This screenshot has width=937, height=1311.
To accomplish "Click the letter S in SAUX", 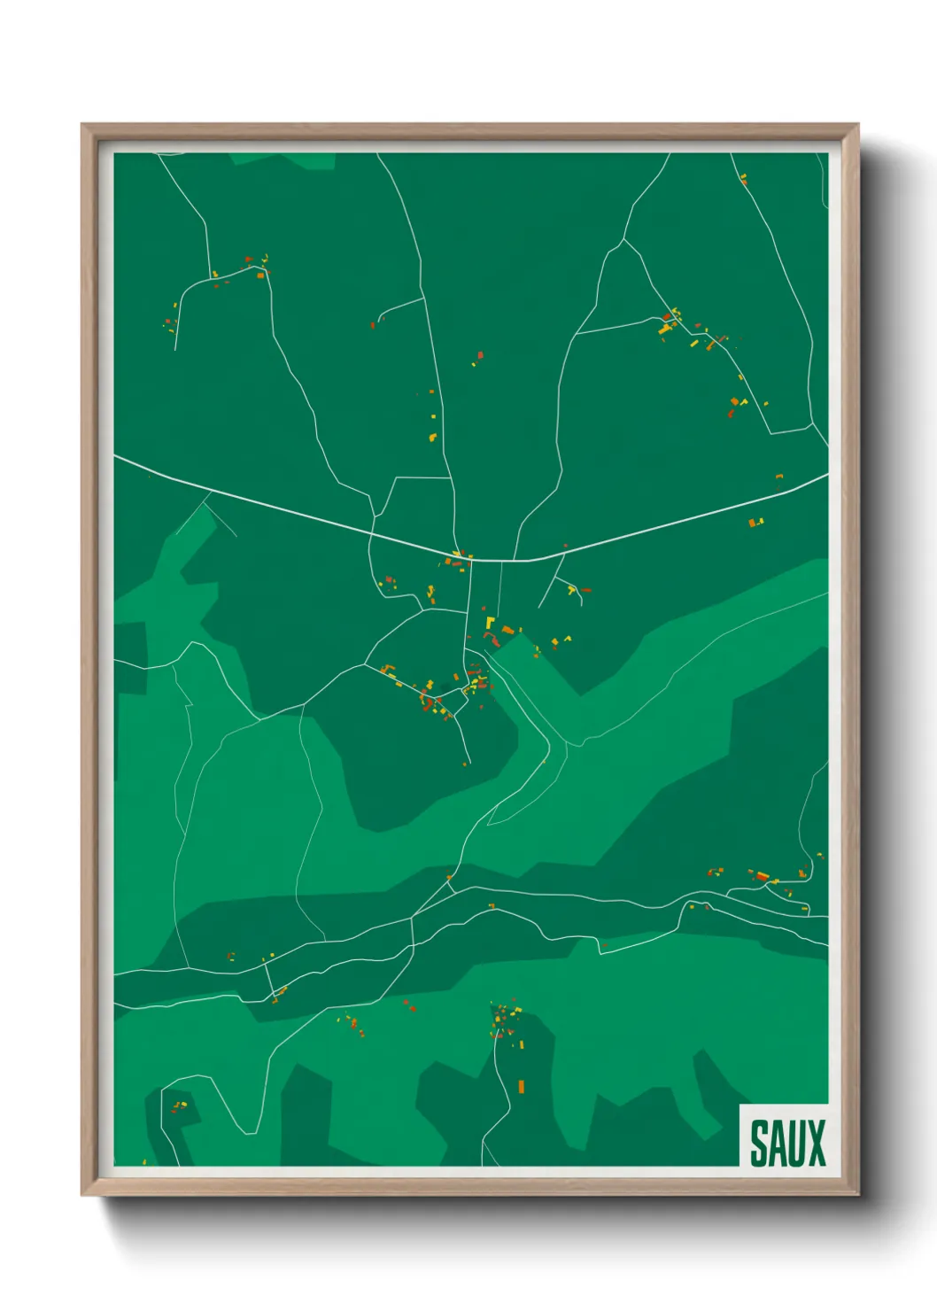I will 759,1144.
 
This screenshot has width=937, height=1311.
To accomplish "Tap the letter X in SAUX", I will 816,1144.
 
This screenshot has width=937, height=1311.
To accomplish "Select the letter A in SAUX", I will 777,1144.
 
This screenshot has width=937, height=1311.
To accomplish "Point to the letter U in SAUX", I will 795,1144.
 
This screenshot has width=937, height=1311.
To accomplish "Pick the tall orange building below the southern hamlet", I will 521,1086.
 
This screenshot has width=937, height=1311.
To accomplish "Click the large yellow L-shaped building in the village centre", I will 489,624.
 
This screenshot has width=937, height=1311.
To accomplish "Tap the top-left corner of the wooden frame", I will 82,125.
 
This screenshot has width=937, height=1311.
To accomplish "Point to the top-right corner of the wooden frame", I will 857,125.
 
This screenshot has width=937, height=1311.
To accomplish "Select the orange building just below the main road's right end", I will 755,523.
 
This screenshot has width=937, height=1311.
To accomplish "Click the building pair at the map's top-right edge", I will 743,180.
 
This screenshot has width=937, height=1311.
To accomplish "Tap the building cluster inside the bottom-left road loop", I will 179,1105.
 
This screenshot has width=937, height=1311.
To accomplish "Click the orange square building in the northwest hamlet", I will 260,275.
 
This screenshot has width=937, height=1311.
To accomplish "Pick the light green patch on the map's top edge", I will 283,160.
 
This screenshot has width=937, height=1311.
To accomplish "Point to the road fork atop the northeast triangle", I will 625,239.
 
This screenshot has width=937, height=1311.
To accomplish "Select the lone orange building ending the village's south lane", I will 465,763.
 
